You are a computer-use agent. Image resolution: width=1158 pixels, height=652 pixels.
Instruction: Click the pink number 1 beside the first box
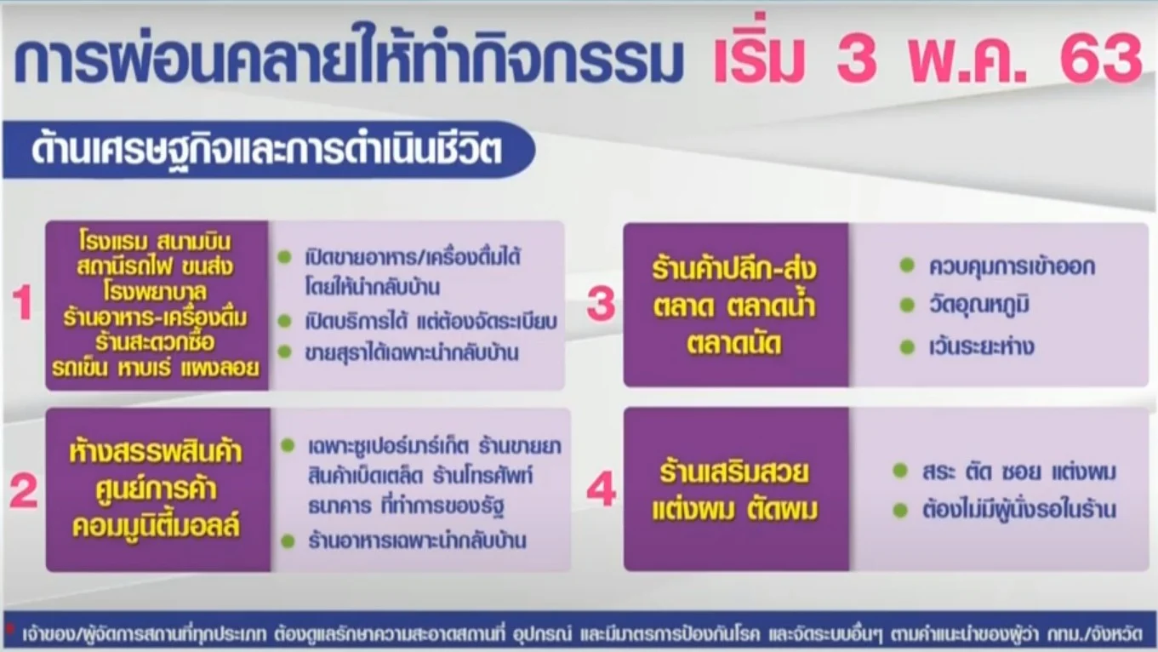pyautogui.click(x=23, y=303)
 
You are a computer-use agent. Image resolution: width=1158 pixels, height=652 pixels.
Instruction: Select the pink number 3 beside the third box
pyautogui.click(x=602, y=304)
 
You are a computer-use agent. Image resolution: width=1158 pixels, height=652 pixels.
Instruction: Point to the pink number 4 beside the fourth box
pyautogui.click(x=602, y=489)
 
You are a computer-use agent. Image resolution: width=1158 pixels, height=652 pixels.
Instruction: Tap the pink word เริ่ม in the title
pyautogui.click(x=759, y=54)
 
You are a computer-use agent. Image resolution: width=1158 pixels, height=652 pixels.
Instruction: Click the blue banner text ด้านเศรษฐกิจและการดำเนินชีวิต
pyautogui.click(x=267, y=151)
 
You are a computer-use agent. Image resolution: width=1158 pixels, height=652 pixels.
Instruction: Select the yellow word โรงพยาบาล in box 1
pyautogui.click(x=155, y=292)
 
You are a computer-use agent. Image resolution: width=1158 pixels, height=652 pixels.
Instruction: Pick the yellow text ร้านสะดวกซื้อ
pyautogui.click(x=155, y=341)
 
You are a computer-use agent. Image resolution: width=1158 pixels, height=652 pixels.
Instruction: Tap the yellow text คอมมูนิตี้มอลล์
pyautogui.click(x=156, y=525)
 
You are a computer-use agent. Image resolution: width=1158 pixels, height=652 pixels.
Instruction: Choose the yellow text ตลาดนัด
pyautogui.click(x=734, y=344)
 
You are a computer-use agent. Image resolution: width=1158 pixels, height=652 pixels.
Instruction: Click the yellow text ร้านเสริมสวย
pyautogui.click(x=734, y=472)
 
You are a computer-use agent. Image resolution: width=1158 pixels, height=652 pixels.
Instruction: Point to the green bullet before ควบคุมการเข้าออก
pyautogui.click(x=907, y=266)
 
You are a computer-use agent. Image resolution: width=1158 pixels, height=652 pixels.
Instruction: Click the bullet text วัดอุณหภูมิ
pyautogui.click(x=979, y=305)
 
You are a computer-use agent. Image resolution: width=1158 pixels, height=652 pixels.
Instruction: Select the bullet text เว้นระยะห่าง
pyautogui.click(x=981, y=346)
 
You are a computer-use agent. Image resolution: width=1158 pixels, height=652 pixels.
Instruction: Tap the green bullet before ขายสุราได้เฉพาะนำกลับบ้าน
pyautogui.click(x=284, y=352)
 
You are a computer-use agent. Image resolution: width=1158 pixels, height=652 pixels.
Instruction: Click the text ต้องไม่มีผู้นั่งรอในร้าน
pyautogui.click(x=1019, y=510)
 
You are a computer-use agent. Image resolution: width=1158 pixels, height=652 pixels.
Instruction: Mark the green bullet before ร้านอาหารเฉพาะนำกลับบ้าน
pyautogui.click(x=288, y=541)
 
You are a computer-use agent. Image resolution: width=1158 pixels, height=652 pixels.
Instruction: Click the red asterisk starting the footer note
pyautogui.click(x=10, y=628)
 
